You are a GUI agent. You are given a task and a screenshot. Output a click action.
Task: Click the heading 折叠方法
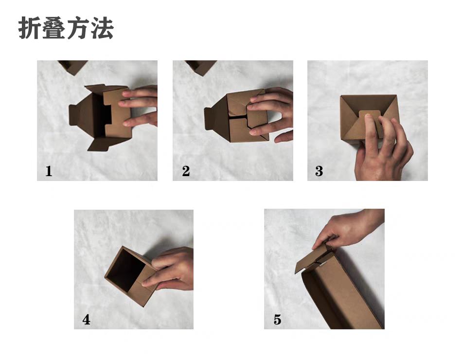[66, 28]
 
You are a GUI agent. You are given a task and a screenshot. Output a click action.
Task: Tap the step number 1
[49, 171]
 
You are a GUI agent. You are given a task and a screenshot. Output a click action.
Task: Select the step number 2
[186, 171]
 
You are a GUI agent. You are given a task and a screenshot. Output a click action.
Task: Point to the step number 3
[319, 171]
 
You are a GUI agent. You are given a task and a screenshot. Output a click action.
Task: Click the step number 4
[87, 320]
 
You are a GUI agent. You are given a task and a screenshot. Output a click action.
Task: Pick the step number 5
[278, 320]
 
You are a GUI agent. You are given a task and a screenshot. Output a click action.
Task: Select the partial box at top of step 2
[201, 67]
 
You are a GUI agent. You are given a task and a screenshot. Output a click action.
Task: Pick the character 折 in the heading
[30, 28]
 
